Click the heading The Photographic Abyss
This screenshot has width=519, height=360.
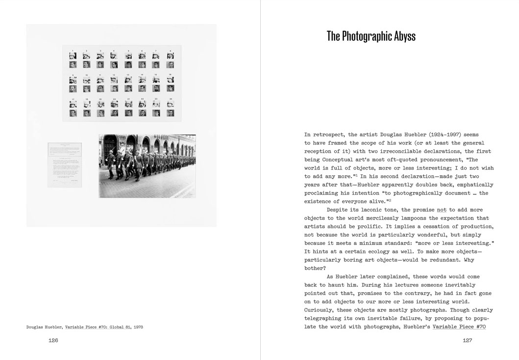coord(371,36)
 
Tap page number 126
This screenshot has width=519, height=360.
coord(53,340)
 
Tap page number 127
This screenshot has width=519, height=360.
coord(467,340)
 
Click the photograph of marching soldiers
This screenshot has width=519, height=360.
coord(147,166)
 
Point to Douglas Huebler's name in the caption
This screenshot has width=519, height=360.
coord(44,327)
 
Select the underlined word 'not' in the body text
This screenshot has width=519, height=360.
coord(442,210)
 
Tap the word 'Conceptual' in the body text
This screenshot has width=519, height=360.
coord(341,160)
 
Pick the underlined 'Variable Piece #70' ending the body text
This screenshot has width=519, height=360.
coord(459,327)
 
